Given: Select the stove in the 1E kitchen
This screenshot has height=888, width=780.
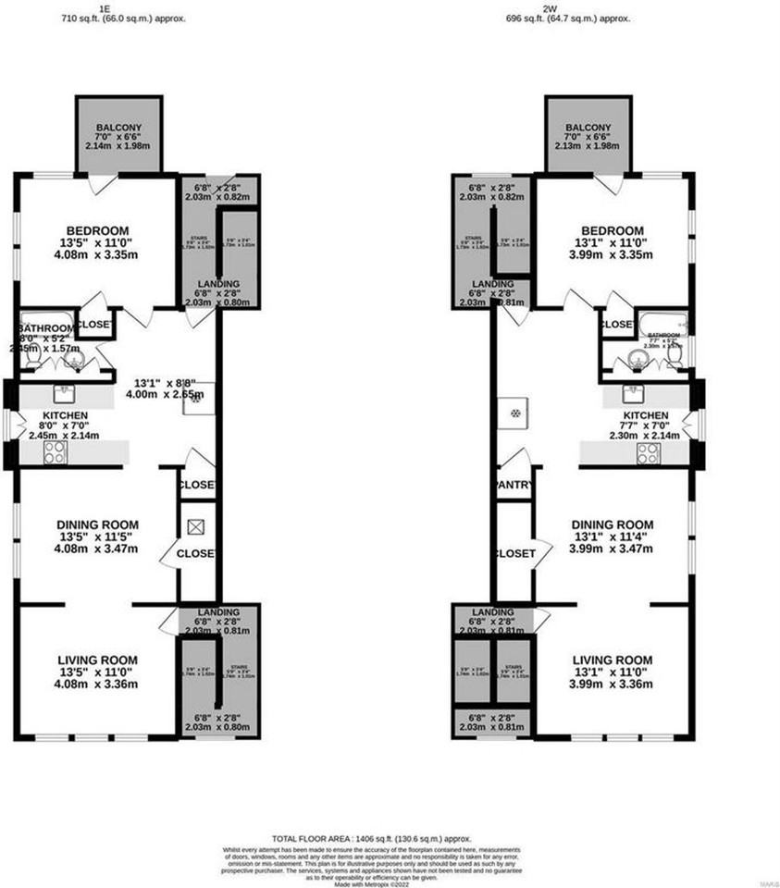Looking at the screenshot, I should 54,452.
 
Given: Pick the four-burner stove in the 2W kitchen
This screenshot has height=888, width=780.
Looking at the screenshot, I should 649,452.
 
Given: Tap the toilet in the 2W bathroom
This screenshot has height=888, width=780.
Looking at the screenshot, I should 676,353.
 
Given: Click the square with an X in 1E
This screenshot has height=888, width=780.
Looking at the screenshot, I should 196,527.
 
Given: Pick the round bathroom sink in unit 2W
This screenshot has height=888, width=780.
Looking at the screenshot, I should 635,356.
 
